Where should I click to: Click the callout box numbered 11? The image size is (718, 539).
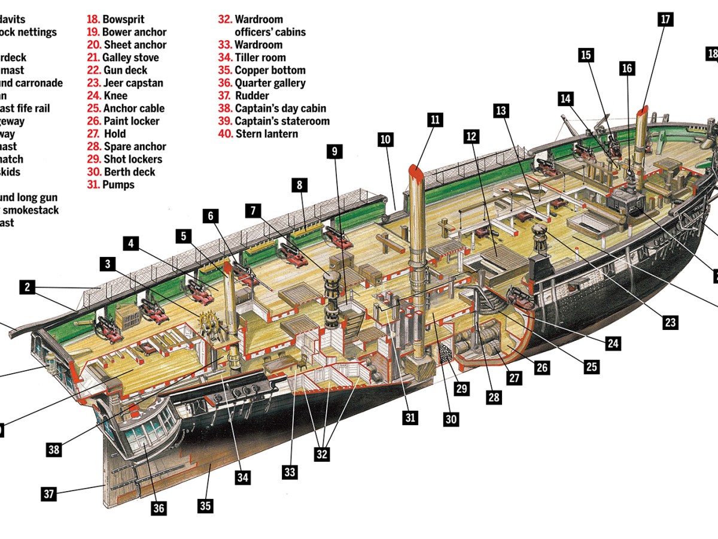pyautogui.click(x=434, y=120)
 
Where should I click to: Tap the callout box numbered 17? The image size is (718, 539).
pyautogui.click(x=665, y=19)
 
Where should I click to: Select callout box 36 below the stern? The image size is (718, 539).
pyautogui.click(x=158, y=508)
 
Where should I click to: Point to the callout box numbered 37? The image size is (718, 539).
pyautogui.click(x=49, y=494)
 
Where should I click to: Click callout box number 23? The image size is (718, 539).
pyautogui.click(x=670, y=323)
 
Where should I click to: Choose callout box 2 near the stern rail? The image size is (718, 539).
pyautogui.click(x=27, y=287)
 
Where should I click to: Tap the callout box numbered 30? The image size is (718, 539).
pyautogui.click(x=451, y=419)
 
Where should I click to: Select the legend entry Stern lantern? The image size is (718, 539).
pyautogui.click(x=266, y=134)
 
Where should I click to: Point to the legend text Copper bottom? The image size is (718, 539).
pyautogui.click(x=270, y=70)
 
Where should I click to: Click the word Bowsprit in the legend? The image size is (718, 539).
pyautogui.click(x=124, y=19)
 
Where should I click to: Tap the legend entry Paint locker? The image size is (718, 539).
pyautogui.click(x=131, y=121)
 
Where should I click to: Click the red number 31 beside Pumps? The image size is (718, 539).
pyautogui.click(x=93, y=184)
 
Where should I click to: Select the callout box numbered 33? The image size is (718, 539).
pyautogui.click(x=290, y=473)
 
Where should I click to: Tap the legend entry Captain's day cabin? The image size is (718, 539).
pyautogui.click(x=280, y=108)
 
